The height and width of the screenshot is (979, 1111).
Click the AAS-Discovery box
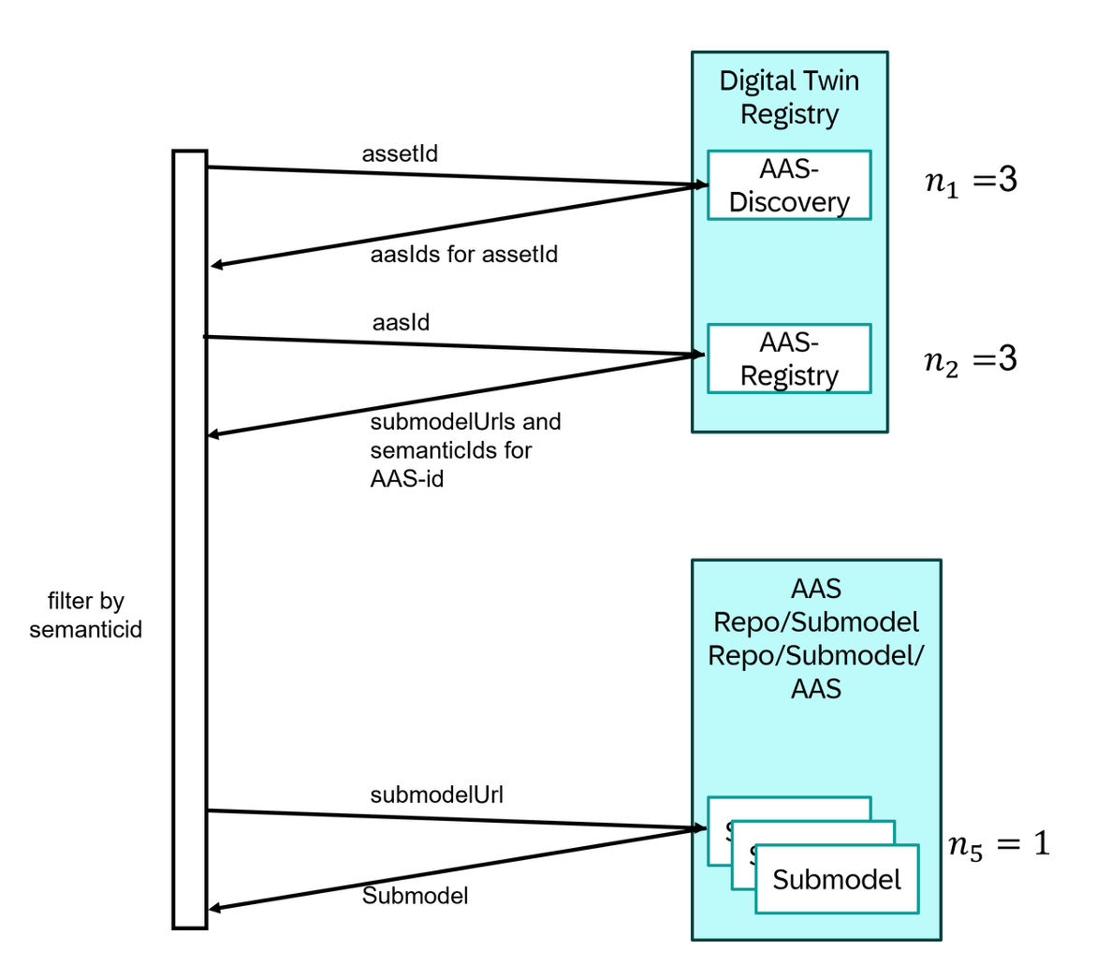tap(788, 185)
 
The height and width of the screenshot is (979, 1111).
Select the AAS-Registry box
tap(788, 358)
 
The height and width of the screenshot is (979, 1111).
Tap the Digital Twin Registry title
tap(789, 97)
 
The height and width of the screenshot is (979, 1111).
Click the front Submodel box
tap(836, 879)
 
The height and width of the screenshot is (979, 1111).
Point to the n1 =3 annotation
tap(971, 180)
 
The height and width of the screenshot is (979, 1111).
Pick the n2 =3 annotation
tap(971, 359)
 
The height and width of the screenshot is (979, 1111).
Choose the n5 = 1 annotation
tap(999, 844)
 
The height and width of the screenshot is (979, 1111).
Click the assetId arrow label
tap(400, 153)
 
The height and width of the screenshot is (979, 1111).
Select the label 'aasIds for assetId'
tap(463, 255)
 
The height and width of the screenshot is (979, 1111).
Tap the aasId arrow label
tap(401, 323)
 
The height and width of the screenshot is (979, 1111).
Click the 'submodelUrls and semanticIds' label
tap(465, 450)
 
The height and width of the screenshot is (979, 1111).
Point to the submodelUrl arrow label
tap(436, 796)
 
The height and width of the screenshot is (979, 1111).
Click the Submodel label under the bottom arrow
tap(415, 897)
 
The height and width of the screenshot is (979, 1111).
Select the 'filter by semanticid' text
tap(85, 615)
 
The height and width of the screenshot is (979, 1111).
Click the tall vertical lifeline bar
tap(190, 539)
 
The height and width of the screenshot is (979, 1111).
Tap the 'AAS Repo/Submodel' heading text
tap(815, 638)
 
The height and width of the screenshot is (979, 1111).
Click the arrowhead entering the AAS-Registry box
tap(697, 355)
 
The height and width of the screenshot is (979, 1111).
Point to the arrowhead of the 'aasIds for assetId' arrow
tap(215, 266)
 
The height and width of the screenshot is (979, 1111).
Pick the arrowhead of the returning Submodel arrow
tap(214, 908)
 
